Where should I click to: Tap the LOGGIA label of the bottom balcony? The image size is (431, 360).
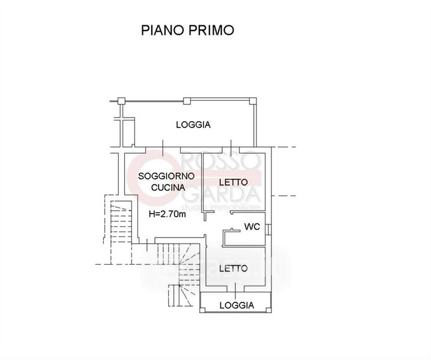(x=236, y=305)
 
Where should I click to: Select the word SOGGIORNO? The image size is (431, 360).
(x=166, y=176)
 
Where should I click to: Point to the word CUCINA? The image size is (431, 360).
(x=166, y=187)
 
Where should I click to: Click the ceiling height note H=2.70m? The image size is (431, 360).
(x=166, y=213)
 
